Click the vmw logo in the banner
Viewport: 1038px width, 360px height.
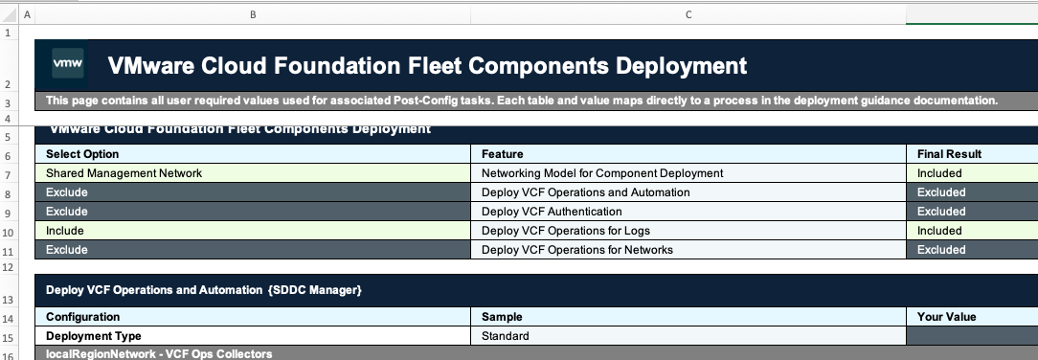(x=67, y=64)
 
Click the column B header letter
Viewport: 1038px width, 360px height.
(x=253, y=13)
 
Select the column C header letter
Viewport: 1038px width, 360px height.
(x=688, y=13)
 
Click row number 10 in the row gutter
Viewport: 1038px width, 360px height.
(x=8, y=231)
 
